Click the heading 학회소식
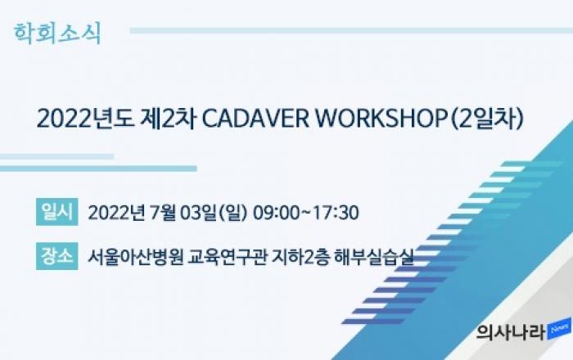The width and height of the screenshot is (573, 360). pyautogui.click(x=57, y=34)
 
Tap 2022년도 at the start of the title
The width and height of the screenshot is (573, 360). pyautogui.click(x=85, y=119)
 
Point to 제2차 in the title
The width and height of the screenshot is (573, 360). pyautogui.click(x=169, y=119)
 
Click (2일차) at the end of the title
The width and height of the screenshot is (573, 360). pyautogui.click(x=488, y=119)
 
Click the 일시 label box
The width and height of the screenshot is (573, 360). pyautogui.click(x=57, y=212)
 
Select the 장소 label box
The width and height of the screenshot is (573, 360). pyautogui.click(x=57, y=256)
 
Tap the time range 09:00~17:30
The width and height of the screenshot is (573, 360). pyautogui.click(x=306, y=213)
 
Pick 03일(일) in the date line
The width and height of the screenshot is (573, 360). pyautogui.click(x=214, y=213)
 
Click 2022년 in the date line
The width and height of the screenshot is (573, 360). pyautogui.click(x=116, y=213)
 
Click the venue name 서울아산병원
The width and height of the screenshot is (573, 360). pyautogui.click(x=135, y=257)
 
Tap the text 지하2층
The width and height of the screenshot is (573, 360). pyautogui.click(x=300, y=257)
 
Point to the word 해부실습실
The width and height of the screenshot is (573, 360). pyautogui.click(x=374, y=257)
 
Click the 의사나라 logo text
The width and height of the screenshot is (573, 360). pyautogui.click(x=510, y=332)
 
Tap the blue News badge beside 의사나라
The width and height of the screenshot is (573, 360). pyautogui.click(x=559, y=329)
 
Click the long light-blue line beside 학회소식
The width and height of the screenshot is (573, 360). pyautogui.click(x=351, y=30)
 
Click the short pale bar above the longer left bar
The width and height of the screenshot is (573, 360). pyautogui.click(x=56, y=156)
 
